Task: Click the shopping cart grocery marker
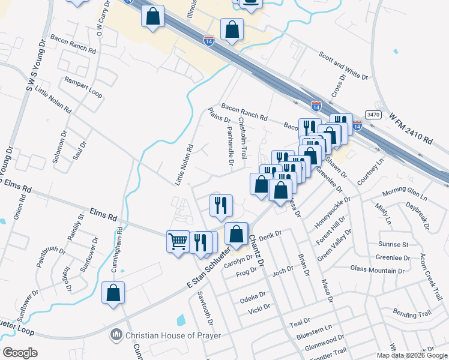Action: tap(178, 242)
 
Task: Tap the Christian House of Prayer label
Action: tap(173, 335)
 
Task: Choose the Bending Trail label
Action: tap(412, 313)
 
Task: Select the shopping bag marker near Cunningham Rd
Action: tap(113, 293)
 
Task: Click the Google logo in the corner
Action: tap(20, 353)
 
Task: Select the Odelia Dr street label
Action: tap(253, 295)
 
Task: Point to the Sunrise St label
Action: tap(393, 245)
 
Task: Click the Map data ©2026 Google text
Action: tap(411, 355)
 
